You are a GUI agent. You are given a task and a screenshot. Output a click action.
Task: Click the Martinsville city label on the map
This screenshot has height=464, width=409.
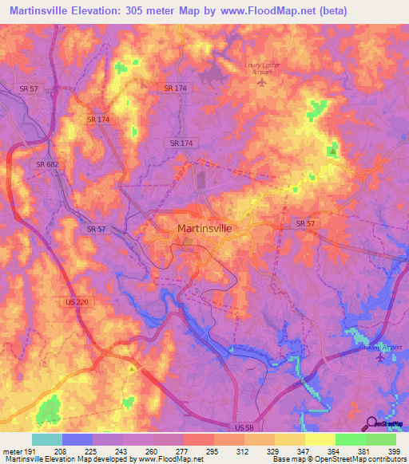point(204,228)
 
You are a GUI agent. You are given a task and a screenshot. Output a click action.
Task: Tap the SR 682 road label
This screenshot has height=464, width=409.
point(46,164)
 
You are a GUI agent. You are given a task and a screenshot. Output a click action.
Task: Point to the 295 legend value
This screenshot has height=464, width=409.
point(213,451)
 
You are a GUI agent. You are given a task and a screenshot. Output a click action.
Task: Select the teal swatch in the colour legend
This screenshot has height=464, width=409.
point(47,439)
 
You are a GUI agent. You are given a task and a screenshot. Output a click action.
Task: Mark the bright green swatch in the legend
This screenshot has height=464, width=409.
point(350,439)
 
